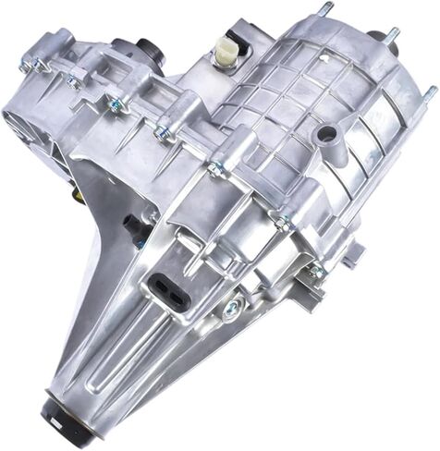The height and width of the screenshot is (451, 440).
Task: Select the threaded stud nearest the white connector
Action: coord(326,11)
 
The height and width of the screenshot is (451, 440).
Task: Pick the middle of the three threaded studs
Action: coord(392,37)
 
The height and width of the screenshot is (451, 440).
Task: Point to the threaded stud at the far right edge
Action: coord(430,92)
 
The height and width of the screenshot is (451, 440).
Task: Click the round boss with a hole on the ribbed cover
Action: coord(324,136)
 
